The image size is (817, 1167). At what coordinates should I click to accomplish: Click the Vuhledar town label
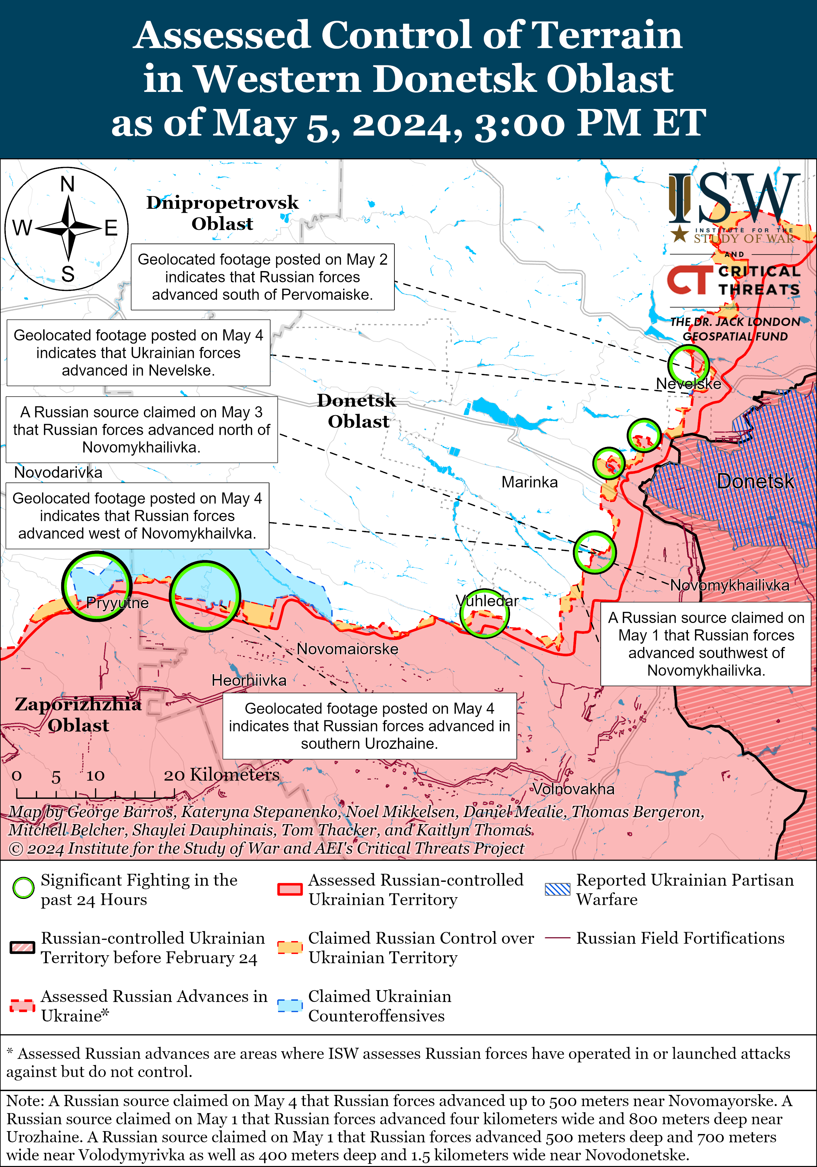pos(487,601)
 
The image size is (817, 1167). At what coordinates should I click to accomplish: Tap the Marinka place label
pos(529,482)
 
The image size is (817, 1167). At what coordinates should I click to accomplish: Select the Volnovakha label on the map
pos(573,789)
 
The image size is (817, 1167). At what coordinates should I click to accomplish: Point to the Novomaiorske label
pos(348,649)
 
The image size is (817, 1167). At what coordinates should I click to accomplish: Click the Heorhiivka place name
pos(249,680)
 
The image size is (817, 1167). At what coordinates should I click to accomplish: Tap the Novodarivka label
pos(58,472)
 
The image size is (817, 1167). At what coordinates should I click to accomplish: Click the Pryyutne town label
pos(117,603)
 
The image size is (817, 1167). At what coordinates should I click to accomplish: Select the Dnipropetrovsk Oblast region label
pos(223,212)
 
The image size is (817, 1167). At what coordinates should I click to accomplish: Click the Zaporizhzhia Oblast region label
pos(78,715)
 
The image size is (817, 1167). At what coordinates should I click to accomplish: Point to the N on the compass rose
pos(68,184)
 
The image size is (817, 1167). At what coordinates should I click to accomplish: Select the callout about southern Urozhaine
pos(369,726)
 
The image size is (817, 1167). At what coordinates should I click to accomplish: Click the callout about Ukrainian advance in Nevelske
pos(138,353)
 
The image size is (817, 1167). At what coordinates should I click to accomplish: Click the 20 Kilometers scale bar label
pos(221,774)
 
